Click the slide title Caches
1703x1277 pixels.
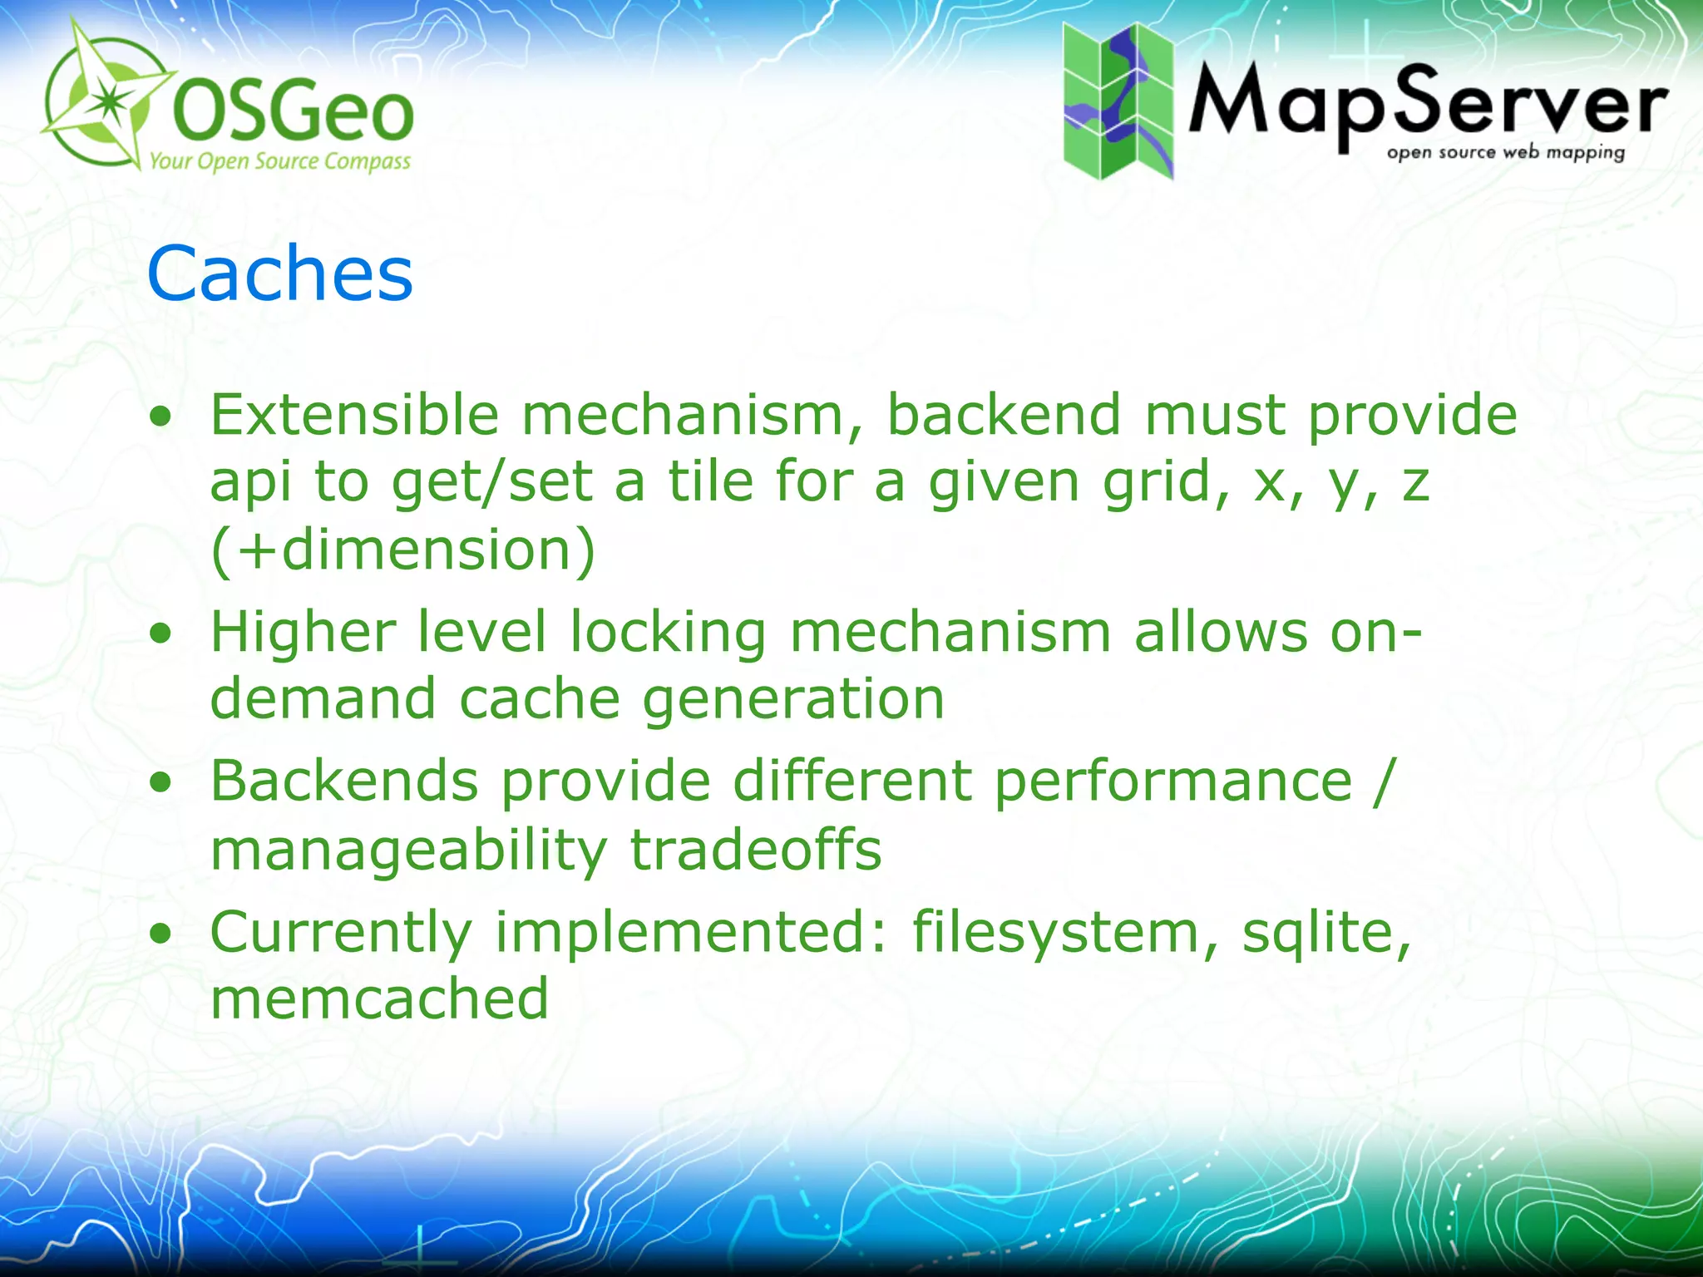279,274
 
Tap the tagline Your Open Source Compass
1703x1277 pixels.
279,160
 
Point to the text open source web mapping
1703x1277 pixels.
1505,153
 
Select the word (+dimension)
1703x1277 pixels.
402,550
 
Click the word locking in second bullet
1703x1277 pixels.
667,632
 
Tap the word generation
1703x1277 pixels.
793,698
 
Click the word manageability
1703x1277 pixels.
408,850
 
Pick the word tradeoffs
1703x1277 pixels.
755,850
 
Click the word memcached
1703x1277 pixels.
379,998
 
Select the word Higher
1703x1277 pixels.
303,632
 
